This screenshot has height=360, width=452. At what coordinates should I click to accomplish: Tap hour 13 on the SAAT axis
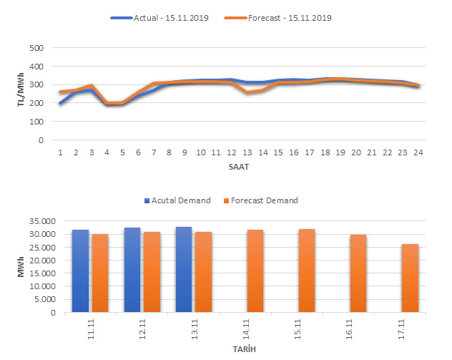(x=247, y=152)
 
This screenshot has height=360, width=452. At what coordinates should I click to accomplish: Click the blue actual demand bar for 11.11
(x=80, y=271)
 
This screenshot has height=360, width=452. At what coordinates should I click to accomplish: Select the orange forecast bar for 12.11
(x=152, y=272)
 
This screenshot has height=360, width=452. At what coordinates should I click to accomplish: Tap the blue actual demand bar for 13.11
(x=184, y=269)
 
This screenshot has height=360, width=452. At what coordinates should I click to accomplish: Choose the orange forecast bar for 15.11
(x=307, y=271)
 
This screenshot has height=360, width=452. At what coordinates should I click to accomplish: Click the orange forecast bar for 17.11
(x=410, y=278)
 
